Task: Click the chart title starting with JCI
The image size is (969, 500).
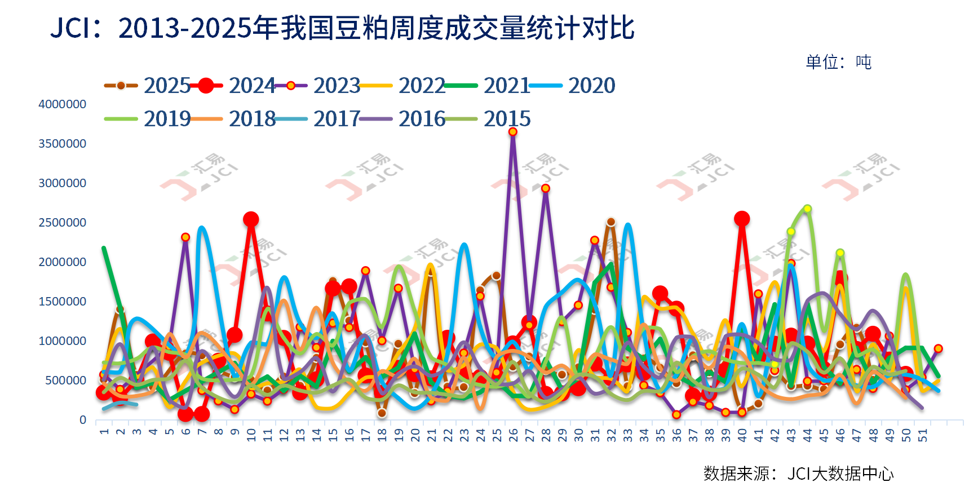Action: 343,28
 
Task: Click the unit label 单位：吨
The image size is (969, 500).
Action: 838,62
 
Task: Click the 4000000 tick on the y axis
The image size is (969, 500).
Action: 62,104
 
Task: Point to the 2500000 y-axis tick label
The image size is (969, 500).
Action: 62,223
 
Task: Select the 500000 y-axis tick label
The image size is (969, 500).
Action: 65,380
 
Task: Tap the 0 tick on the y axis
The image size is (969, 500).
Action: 83,420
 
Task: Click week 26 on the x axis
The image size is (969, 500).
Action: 513,435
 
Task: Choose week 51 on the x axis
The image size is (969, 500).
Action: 922,435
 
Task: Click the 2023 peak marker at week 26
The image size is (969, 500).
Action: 512,132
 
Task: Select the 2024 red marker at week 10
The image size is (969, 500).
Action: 251,219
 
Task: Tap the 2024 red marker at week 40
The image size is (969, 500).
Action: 742,219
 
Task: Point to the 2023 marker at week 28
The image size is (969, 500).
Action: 545,188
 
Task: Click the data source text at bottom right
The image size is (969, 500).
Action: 798,474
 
